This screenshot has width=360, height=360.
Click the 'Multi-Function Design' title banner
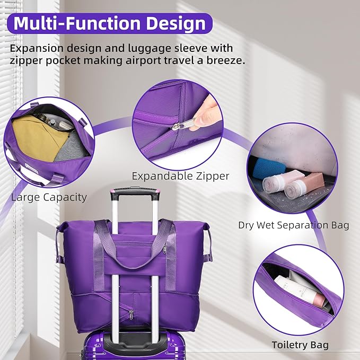(110, 23)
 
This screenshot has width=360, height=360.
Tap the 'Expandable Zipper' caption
(180, 177)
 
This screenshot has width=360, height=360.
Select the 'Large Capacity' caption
(49, 197)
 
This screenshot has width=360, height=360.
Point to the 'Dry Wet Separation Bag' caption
(293, 225)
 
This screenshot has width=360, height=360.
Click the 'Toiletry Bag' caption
(300, 345)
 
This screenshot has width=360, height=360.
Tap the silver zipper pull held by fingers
(184, 124)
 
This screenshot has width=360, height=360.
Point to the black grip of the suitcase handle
(135, 194)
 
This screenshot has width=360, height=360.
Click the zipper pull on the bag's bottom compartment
(131, 314)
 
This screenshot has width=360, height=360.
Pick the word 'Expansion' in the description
(37, 49)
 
